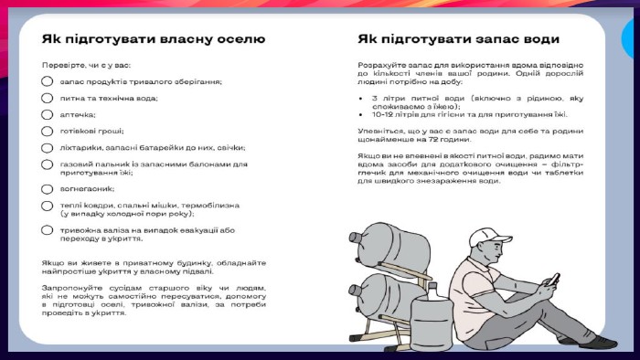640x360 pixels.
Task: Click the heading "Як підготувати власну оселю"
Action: (154, 39)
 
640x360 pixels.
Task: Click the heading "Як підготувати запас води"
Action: (458, 39)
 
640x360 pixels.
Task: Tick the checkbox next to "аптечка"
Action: (48, 114)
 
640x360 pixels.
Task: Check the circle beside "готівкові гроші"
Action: (48, 131)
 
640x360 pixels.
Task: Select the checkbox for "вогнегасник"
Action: (48, 189)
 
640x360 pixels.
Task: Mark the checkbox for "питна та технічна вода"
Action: (48, 98)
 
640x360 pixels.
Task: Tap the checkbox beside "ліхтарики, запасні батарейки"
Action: (48, 147)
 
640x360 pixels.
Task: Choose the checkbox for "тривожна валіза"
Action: (48, 230)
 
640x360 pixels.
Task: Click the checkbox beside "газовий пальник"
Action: (48, 164)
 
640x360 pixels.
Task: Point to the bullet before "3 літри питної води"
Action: (364, 97)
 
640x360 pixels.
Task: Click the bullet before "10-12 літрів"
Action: (364, 114)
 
